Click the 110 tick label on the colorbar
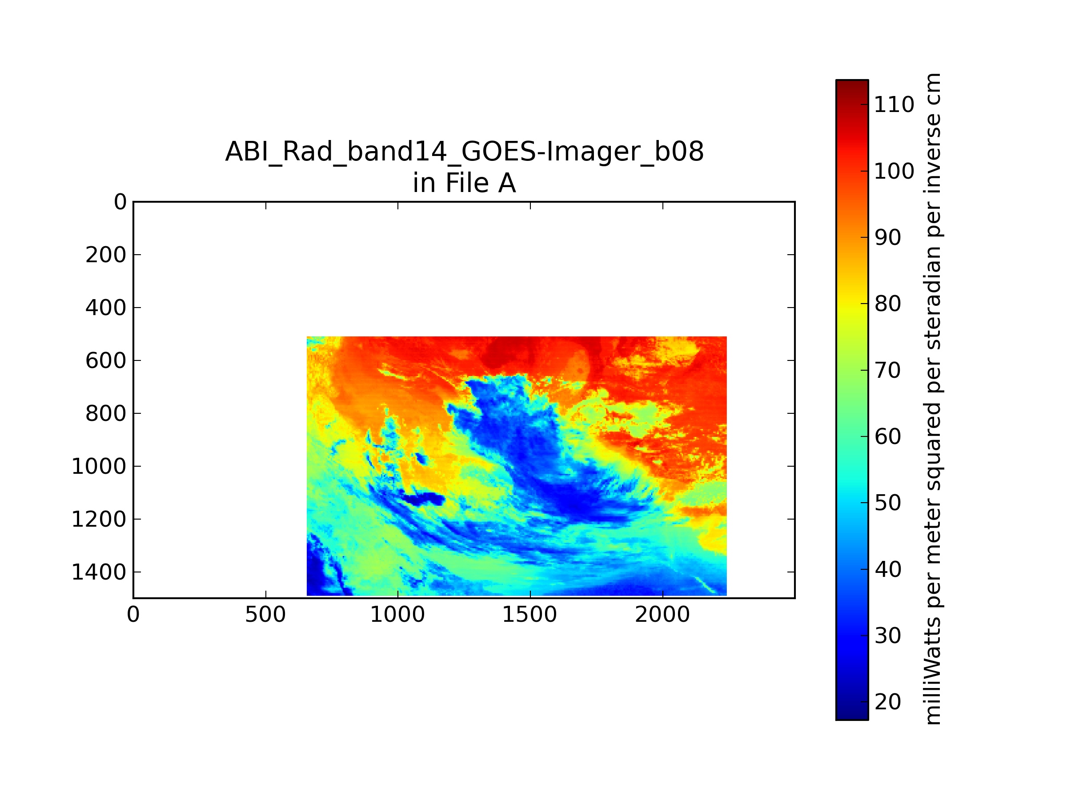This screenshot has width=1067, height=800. point(894,104)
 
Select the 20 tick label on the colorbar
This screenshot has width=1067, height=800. point(887,702)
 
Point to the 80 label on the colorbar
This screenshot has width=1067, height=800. point(887,304)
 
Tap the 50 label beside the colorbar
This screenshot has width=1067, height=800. point(887,503)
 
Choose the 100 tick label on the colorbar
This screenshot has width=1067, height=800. point(894,171)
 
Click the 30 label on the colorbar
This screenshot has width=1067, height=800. point(887,636)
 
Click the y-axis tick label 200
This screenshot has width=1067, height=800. point(106,255)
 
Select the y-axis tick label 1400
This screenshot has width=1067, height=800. point(99,572)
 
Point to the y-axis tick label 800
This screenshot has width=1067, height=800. point(106,414)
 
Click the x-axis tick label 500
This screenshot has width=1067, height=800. point(265,615)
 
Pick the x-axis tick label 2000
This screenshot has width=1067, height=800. point(662,615)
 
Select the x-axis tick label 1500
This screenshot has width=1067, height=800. point(529,615)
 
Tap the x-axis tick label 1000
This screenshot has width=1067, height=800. point(397,615)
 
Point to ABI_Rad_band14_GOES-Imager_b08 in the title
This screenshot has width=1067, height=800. point(465,152)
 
